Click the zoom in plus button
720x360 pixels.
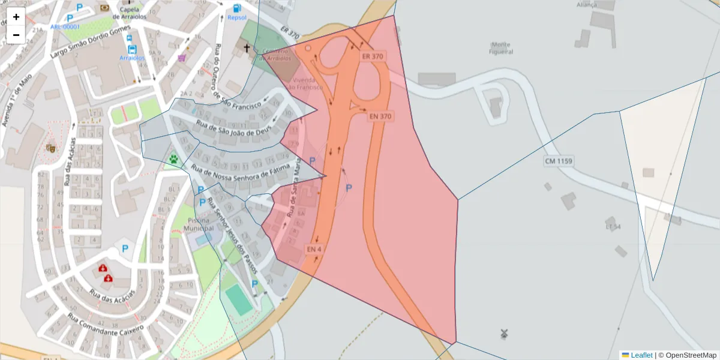pos(16,17)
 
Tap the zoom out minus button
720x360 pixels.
pos(16,35)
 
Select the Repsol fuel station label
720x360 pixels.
pos(237,17)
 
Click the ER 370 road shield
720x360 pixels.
pos(373,56)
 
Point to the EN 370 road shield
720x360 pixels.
pos(380,116)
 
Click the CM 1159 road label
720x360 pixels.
pos(559,161)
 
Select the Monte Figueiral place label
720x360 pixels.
pos(501,48)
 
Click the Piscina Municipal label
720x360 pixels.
pos(200,224)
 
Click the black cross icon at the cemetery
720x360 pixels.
pos(246,47)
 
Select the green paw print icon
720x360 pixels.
pos(174,159)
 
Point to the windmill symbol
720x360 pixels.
pos(504,333)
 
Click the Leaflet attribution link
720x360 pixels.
pos(641,355)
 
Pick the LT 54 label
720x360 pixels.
pos(613,227)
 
